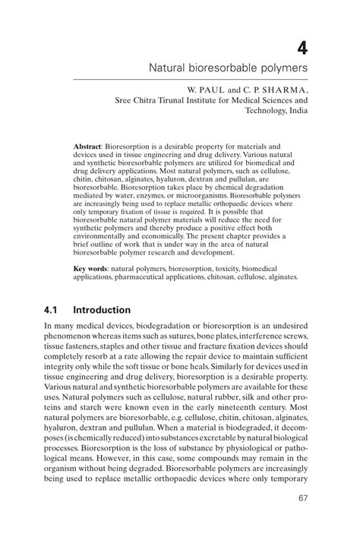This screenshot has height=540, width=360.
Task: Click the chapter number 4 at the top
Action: coord(302,48)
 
